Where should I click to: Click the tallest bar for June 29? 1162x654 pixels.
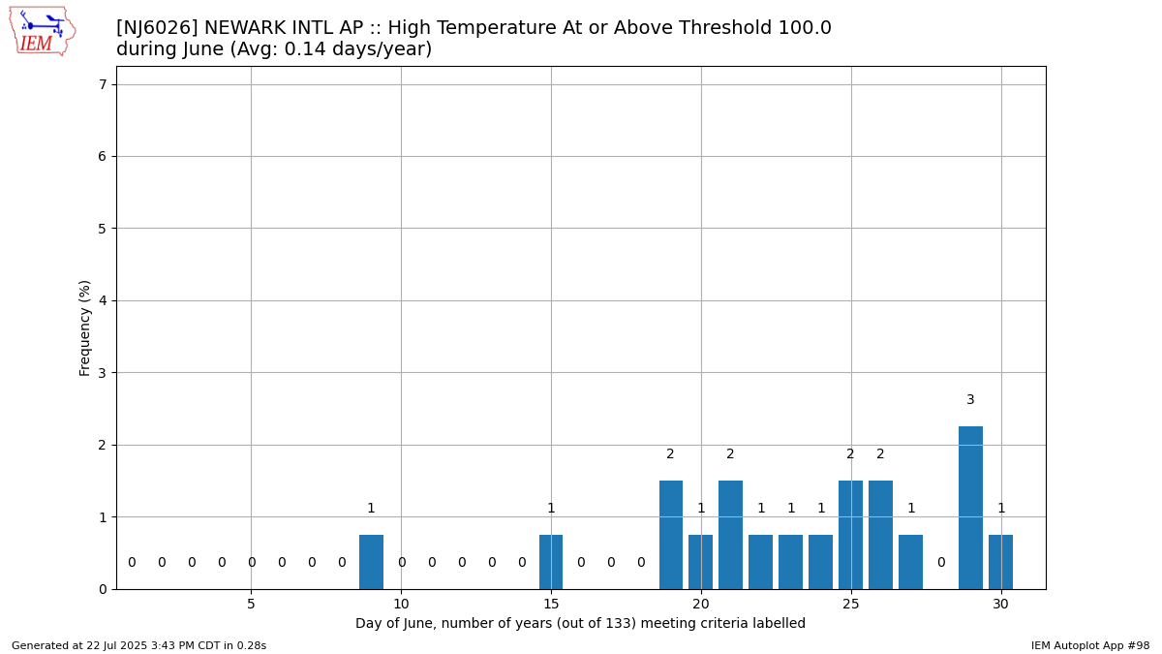tap(970, 508)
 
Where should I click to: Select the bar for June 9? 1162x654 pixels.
tap(371, 562)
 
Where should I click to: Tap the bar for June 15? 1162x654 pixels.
tap(551, 562)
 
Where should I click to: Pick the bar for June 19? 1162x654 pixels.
tap(671, 535)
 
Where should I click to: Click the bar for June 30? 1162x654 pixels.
tap(1000, 562)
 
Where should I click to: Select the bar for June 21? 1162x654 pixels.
tap(730, 535)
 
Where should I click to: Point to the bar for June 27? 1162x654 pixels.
tap(910, 562)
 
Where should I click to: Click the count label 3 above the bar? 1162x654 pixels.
tap(970, 399)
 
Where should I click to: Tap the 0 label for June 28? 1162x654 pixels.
tap(941, 562)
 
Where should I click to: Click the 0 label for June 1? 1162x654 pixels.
tap(132, 562)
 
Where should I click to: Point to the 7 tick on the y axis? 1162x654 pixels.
tap(103, 84)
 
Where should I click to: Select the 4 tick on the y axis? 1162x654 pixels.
tap(103, 300)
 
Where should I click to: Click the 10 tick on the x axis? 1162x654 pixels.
tap(401, 605)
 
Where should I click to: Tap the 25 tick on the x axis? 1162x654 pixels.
tap(851, 605)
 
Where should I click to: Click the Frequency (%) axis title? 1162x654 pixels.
tap(84, 328)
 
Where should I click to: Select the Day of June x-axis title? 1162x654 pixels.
tap(580, 623)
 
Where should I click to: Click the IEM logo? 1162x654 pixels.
tap(43, 31)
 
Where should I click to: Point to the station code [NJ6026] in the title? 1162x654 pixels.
tap(157, 27)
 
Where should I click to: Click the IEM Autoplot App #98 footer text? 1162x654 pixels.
tap(1090, 645)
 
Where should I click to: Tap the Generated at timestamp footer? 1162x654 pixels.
tap(139, 645)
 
